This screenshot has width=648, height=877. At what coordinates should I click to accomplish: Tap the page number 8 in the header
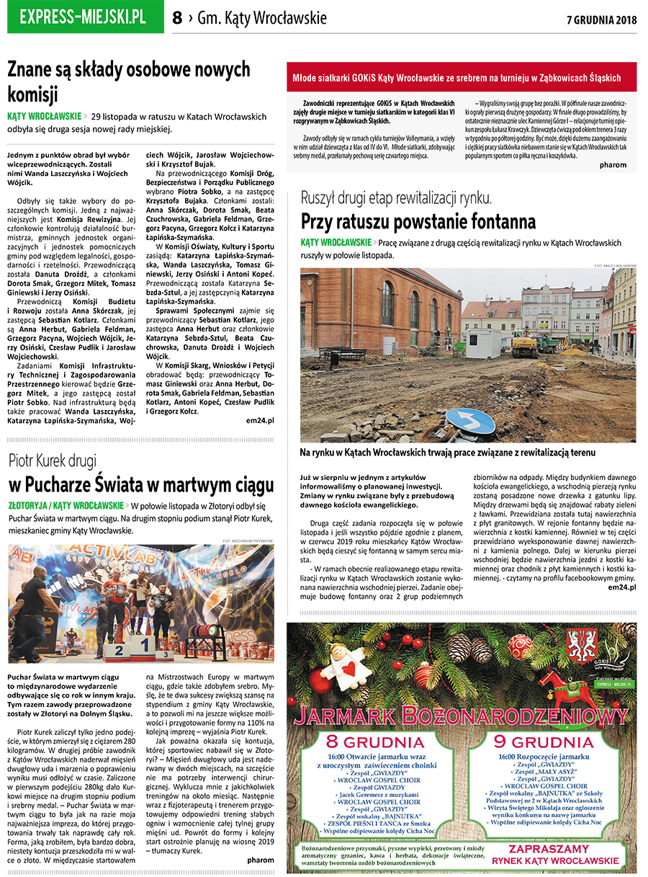point(177,18)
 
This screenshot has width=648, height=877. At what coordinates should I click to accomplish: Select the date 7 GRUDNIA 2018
point(602,19)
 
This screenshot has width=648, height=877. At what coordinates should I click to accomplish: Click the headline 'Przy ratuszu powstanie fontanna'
point(418,220)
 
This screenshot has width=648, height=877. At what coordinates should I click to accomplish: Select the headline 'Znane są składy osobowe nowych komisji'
point(129,81)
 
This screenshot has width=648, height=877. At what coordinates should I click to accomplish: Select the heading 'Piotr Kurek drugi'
point(53,460)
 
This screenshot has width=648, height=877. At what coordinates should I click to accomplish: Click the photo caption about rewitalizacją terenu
point(448,453)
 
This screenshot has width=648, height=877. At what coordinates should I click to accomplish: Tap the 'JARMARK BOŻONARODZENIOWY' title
point(462,718)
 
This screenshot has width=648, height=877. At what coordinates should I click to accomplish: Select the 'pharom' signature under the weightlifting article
point(260,860)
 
